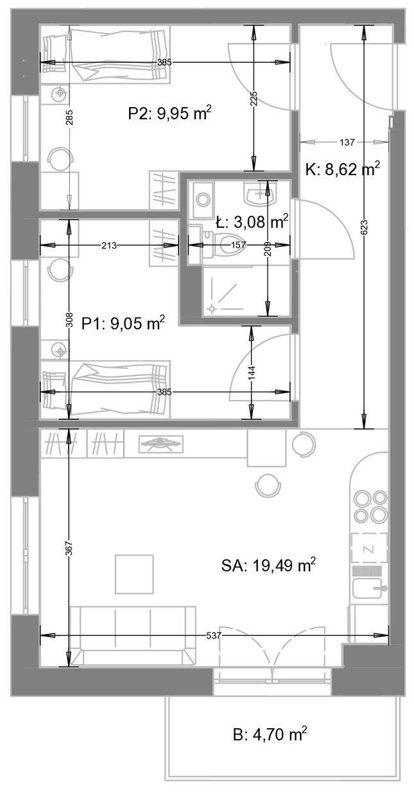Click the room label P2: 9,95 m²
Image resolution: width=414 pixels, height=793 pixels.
coord(170,114)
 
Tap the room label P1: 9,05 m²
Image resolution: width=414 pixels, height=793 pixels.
coord(123,323)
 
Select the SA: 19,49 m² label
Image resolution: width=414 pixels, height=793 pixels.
coord(268,565)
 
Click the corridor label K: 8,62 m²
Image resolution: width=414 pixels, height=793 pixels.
coord(343,169)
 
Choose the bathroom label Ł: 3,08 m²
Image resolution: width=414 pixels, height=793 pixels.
coord(252,222)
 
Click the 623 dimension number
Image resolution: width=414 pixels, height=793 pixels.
coord(365,227)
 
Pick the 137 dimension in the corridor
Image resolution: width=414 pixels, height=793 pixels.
coord(347,142)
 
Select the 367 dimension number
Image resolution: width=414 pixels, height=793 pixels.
coord(69,549)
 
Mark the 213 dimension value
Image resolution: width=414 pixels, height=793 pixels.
coord(109,245)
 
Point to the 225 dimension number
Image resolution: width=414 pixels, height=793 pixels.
coord(254,99)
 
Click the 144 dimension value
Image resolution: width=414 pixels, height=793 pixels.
coord(252,373)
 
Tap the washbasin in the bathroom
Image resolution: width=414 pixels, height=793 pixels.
coord(261,194)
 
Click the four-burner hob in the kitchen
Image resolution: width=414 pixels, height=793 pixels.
coord(370,506)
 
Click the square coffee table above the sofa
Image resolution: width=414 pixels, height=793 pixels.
coord(134,574)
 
